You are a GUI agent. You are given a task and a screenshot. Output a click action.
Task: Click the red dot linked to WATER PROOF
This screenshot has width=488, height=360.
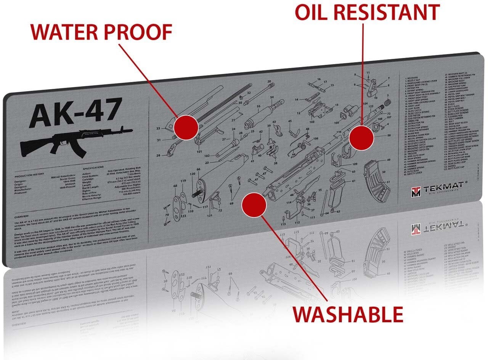click(186, 127)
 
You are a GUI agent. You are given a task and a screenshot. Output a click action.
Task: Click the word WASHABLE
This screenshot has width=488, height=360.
click(348, 314)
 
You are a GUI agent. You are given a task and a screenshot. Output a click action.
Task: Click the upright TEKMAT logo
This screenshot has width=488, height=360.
click(438, 188)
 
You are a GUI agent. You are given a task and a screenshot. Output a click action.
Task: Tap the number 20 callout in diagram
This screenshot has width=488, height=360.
click(269, 82)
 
